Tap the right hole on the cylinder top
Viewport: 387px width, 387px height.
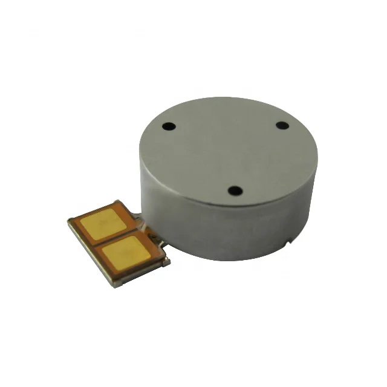point(282,125)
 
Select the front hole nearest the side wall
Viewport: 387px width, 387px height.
point(235,191)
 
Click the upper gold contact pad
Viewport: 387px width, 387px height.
point(108,222)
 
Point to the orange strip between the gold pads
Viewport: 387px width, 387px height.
point(119,236)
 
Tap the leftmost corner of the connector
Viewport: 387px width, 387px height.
point(68,222)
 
